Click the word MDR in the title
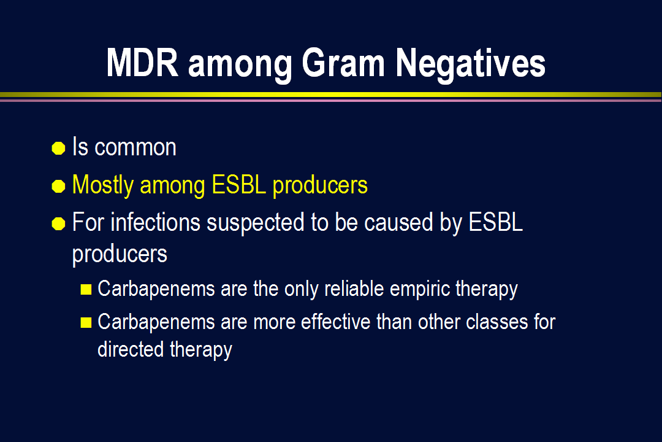pyautogui.click(x=142, y=63)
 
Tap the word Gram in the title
pyautogui.click(x=343, y=63)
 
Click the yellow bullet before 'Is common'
pyautogui.click(x=58, y=148)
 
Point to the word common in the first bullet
pyautogui.click(x=135, y=147)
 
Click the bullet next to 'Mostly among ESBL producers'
pyautogui.click(x=58, y=185)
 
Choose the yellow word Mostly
pyautogui.click(x=103, y=185)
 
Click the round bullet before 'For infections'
pyautogui.click(x=58, y=223)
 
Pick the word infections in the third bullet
pyautogui.click(x=155, y=222)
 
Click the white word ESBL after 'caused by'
pyautogui.click(x=496, y=222)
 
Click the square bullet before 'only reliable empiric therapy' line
pyautogui.click(x=86, y=289)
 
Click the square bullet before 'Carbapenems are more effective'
pyautogui.click(x=86, y=323)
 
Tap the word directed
pyautogui.click(x=131, y=349)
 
